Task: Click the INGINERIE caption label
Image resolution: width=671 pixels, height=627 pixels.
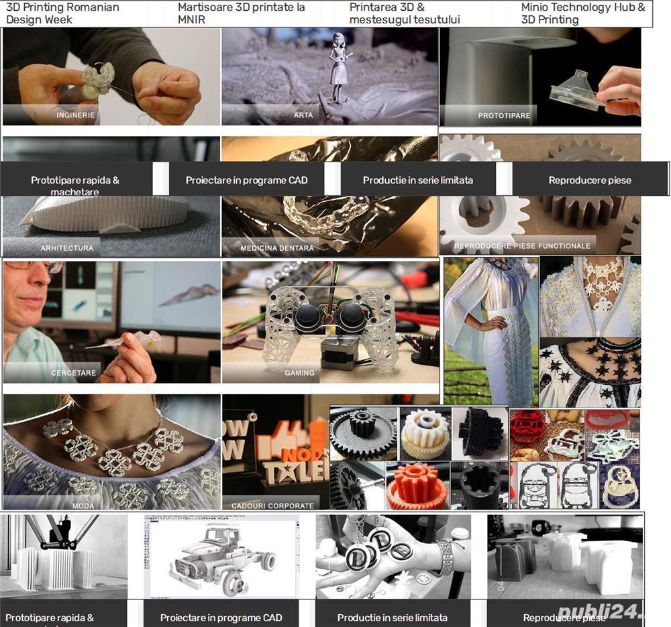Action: tap(76, 115)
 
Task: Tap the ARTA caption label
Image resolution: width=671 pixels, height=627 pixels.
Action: tap(303, 115)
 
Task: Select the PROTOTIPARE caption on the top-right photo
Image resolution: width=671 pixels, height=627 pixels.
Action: tap(504, 116)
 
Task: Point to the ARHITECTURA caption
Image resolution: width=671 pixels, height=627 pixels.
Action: tap(67, 248)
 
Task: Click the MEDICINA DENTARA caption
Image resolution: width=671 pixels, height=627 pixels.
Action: tap(277, 248)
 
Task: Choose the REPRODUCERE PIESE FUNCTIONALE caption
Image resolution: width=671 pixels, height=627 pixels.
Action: tap(522, 246)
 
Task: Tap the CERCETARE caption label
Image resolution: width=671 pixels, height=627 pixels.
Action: tap(74, 373)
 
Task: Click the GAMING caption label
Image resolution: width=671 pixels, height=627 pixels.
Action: tap(299, 373)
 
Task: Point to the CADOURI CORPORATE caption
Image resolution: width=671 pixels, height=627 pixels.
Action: tap(272, 506)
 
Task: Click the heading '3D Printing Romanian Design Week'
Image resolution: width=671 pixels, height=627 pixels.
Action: tap(62, 13)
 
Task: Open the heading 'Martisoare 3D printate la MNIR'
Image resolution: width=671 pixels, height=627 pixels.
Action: tap(242, 13)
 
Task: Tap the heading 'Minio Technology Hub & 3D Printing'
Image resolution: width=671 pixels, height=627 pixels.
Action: tap(583, 13)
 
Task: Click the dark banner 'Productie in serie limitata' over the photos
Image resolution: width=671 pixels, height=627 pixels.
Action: tap(418, 180)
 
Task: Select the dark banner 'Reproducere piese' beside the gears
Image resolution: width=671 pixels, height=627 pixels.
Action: tap(590, 180)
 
